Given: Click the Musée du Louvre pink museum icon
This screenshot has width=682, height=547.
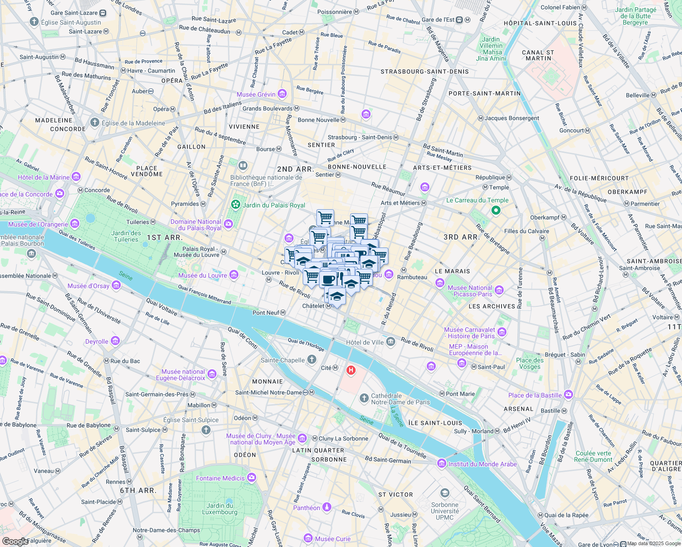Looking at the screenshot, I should click(x=234, y=274).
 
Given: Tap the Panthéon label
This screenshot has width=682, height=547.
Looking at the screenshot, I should click(x=307, y=508).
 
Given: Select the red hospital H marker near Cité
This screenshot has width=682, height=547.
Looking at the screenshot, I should click(x=351, y=370).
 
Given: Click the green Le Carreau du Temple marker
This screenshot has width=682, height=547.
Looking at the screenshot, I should click(x=496, y=210).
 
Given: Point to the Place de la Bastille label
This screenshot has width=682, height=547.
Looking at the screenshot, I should click(x=535, y=395).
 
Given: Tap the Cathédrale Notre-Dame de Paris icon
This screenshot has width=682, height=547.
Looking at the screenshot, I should click(x=364, y=399).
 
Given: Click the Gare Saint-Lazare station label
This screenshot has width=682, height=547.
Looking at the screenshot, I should click(x=74, y=13).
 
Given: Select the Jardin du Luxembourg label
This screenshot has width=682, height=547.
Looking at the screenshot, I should click(x=220, y=509).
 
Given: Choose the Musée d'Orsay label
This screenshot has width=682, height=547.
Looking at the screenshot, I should click(x=88, y=286).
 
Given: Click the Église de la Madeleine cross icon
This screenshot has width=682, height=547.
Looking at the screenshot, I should click(x=95, y=123).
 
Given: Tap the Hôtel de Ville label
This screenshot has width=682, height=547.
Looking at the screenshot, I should click(x=365, y=342).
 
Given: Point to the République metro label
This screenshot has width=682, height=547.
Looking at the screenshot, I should click(x=491, y=177).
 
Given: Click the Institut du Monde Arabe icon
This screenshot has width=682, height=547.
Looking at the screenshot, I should click(x=441, y=464).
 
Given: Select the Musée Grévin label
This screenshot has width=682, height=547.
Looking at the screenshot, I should click(x=256, y=94).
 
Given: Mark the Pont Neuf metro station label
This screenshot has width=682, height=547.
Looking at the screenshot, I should click(x=266, y=313).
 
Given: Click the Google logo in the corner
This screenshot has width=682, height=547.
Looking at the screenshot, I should click(x=15, y=542).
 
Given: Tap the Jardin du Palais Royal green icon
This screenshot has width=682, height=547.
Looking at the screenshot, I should click(x=235, y=205).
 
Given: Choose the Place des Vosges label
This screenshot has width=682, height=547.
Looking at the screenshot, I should click(x=530, y=363).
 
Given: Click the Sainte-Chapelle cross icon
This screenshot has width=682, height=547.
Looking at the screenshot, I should click(x=312, y=360).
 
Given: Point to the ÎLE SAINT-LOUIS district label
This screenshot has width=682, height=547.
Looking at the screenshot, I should click(x=435, y=423).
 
